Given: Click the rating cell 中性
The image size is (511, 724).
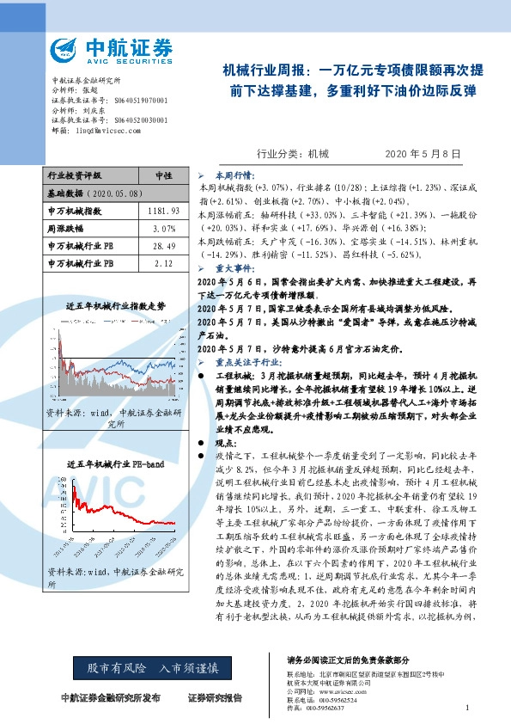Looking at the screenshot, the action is pos(162,175).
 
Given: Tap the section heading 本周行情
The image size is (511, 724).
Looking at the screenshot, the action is pos(227,174).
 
